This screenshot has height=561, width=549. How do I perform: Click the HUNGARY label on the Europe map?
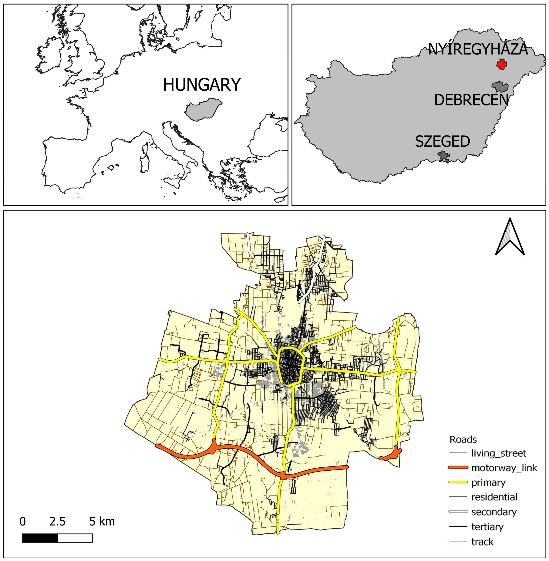pos(202,85)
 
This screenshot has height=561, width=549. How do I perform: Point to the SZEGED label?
pos(442,142)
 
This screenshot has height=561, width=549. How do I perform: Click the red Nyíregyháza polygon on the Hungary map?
pos(502,64)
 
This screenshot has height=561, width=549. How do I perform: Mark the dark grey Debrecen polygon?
pos(500,86)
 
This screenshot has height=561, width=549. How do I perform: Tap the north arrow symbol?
pos(510,237)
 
